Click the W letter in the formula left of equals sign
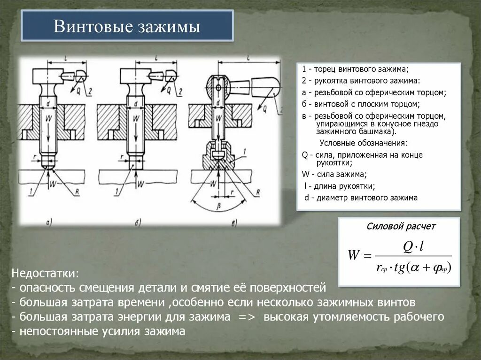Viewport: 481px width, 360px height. coord(353,256)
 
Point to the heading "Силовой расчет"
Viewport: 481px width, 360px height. coord(401,227)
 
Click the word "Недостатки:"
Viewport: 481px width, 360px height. coord(46,273)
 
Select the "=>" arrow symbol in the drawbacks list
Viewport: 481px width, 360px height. coord(247,317)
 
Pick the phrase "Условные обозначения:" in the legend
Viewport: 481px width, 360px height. coord(364,143)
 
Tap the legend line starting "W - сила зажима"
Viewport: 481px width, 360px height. coord(334,174)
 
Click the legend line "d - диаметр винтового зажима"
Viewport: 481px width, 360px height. coord(360,198)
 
